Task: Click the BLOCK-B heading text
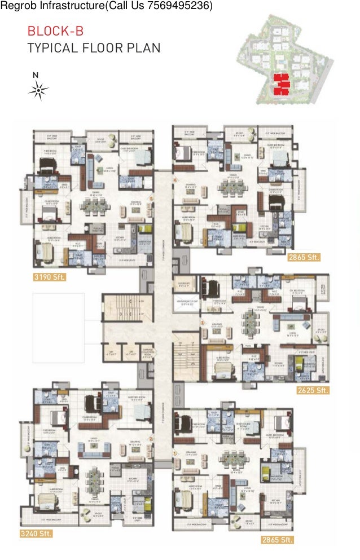(55, 31)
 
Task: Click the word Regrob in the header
(16, 6)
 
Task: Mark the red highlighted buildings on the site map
(281, 83)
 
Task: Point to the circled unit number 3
(202, 323)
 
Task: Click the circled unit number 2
(151, 438)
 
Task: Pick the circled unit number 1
(175, 452)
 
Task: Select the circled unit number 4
(175, 181)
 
